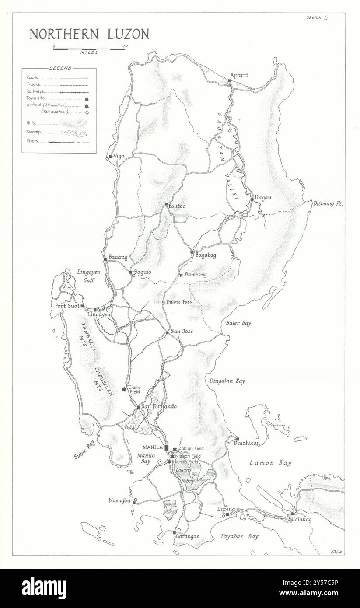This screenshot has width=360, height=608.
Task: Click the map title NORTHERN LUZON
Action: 89,35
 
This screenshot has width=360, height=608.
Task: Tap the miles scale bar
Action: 89,49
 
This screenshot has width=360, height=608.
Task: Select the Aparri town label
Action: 239,75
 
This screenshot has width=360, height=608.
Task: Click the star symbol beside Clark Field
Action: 124,389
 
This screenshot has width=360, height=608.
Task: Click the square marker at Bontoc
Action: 166,204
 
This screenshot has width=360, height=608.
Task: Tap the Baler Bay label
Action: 238,323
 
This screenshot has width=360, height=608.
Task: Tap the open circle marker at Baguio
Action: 133,276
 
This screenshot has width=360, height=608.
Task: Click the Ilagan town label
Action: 263,198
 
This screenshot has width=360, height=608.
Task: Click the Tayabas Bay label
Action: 239,536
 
